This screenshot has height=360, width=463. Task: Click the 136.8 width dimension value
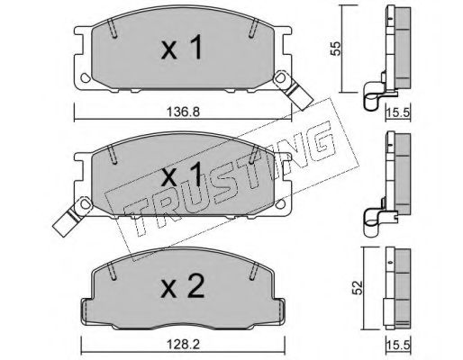[x=183, y=112]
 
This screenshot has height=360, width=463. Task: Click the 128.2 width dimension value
[x=183, y=345]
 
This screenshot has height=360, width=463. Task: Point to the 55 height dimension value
[x=336, y=49]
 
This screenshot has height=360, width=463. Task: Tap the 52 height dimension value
[x=358, y=288]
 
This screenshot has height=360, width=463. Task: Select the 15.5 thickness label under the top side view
[x=398, y=112]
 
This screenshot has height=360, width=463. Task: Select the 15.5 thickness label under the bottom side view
[x=398, y=346]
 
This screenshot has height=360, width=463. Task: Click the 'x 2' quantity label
[x=183, y=285]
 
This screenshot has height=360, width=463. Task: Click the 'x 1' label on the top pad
[x=182, y=47]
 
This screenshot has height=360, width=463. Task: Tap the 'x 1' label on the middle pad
[x=182, y=174]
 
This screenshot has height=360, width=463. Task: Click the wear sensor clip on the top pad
[x=294, y=90]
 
